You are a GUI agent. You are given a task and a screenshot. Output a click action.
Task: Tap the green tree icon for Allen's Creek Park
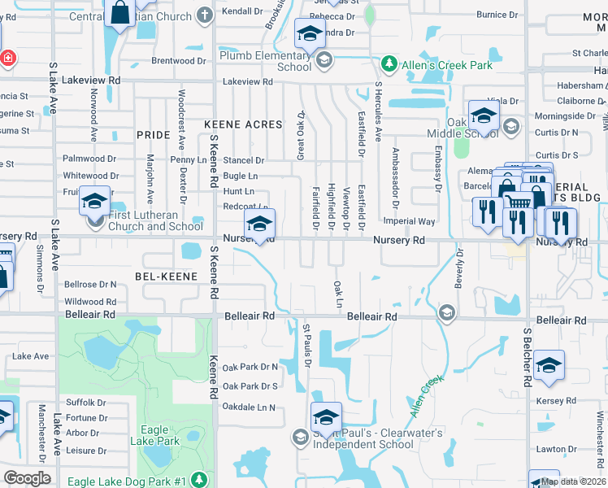point(389,64)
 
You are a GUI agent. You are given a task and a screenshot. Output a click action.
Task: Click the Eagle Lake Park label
point(160,435)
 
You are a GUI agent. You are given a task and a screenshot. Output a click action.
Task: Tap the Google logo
point(27,478)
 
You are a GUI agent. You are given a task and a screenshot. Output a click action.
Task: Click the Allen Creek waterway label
point(427,395)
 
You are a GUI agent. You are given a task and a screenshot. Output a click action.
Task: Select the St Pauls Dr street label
point(307,345)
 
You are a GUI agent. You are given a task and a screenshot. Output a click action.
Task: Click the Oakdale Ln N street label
point(249,407)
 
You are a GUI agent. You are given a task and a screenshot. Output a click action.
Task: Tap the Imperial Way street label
point(410,221)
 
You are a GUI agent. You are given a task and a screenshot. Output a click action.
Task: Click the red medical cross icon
point(7,58)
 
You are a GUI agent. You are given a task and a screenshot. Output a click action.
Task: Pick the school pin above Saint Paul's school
point(326,416)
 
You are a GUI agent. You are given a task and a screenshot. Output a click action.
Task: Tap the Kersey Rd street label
point(556,401)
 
